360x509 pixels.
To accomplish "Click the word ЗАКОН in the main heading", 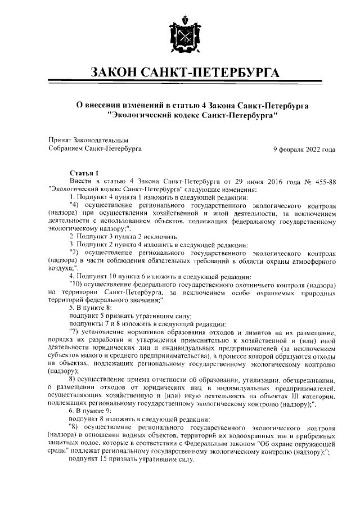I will (x=119, y=73).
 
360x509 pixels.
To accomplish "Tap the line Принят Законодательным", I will (x=81, y=140).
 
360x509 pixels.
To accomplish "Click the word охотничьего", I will (x=254, y=285).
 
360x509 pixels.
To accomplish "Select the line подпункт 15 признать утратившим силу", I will (x=130, y=459).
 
